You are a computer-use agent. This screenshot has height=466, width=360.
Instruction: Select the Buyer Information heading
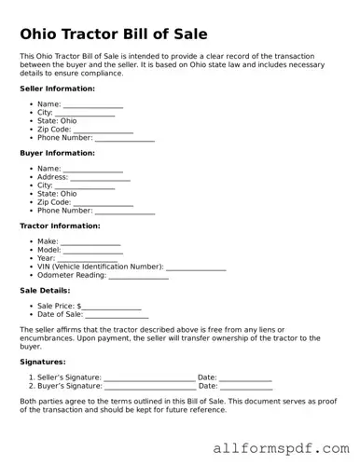[x=57, y=153]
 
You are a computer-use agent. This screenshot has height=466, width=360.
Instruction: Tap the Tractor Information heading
[x=60, y=226]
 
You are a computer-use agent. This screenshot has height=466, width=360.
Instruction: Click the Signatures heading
[x=43, y=362]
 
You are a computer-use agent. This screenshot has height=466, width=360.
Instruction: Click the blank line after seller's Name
[x=92, y=104]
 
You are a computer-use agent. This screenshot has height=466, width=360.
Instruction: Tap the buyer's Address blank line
[x=100, y=177]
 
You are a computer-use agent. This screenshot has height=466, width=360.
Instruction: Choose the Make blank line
[x=90, y=242]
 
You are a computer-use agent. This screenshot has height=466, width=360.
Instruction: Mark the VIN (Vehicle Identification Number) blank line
[x=196, y=267]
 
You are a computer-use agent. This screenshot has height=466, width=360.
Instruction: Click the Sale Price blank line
[x=112, y=306]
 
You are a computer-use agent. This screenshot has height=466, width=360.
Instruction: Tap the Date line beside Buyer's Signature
[x=246, y=386]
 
